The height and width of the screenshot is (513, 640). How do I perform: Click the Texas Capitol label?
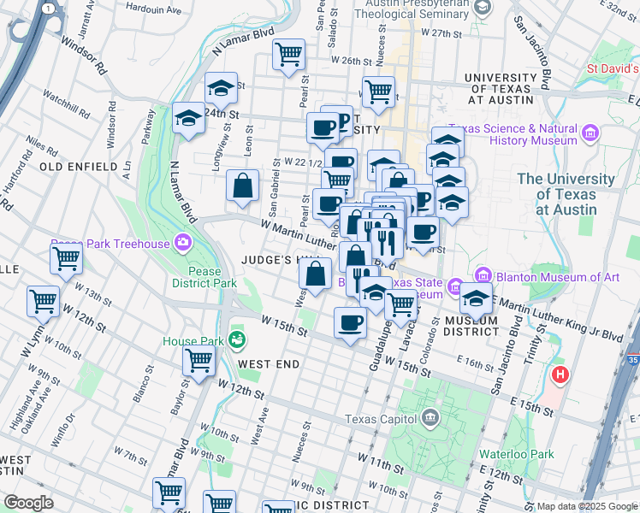[382, 419]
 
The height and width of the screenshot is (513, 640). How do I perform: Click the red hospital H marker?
[560, 374]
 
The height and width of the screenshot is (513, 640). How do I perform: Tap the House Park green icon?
[236, 341]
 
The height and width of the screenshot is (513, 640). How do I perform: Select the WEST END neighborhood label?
[269, 364]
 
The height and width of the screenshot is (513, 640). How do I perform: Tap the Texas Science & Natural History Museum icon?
[590, 133]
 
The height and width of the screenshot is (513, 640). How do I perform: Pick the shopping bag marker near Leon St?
[243, 186]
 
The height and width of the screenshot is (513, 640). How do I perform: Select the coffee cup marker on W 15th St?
[349, 324]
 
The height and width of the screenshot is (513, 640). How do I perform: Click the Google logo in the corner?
[29, 503]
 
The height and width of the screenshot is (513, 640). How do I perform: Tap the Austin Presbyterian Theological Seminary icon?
[483, 8]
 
